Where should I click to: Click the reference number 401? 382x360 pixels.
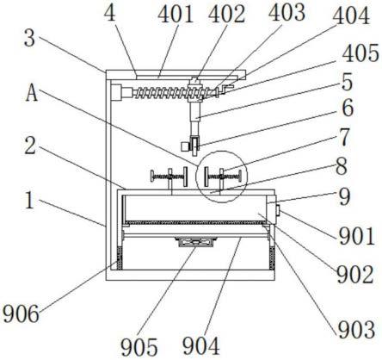click(176, 15)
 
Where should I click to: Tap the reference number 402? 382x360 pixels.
click(226, 15)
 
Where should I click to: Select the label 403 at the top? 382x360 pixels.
click(286, 13)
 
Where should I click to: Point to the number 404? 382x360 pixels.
click(351, 16)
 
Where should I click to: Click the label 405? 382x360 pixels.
click(360, 53)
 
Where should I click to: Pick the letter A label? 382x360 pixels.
click(32, 94)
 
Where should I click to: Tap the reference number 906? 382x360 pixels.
click(21, 313)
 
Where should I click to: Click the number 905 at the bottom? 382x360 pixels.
click(139, 347)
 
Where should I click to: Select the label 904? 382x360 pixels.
click(201, 345)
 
